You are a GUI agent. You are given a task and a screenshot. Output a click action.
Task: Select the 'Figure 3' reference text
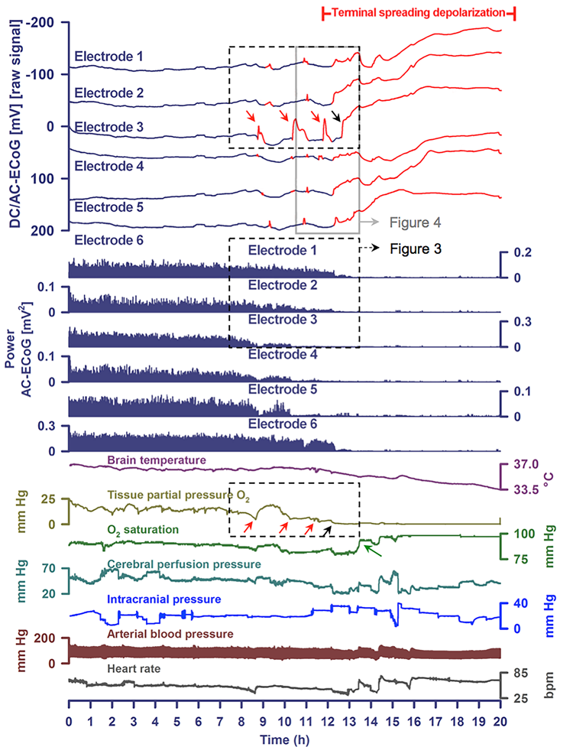416,248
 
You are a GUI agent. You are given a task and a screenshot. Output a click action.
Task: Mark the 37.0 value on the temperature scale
530,464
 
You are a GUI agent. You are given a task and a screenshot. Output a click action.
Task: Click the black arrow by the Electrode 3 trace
335,115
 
